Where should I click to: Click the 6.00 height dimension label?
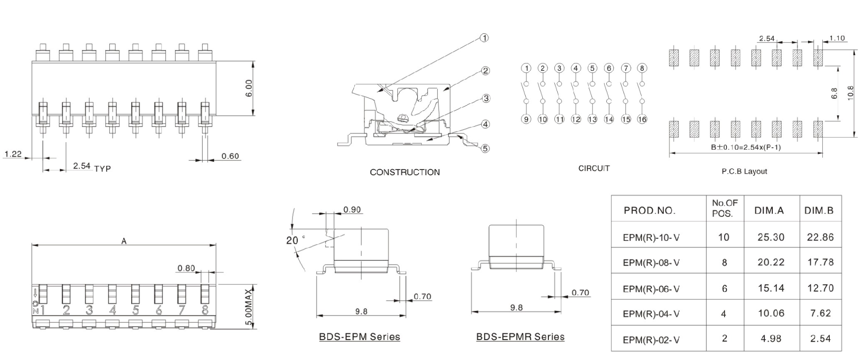point(249,88)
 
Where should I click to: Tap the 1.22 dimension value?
point(13,154)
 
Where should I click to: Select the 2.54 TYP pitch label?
point(92,167)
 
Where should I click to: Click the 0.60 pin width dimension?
point(230,156)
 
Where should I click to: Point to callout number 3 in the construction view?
point(486,98)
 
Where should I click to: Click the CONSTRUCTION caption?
point(405,172)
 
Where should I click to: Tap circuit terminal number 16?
point(642,119)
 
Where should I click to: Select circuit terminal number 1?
point(526,68)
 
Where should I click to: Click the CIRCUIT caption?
point(594,169)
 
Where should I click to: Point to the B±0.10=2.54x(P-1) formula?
point(745,147)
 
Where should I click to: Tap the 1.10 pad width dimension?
point(837,38)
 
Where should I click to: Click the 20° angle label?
point(293,240)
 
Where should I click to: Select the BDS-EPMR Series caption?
point(520,337)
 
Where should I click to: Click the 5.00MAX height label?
point(249,308)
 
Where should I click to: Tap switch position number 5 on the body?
point(135,310)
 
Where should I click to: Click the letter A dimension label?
point(124,241)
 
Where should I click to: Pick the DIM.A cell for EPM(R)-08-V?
point(771,262)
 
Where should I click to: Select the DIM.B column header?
point(819,211)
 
